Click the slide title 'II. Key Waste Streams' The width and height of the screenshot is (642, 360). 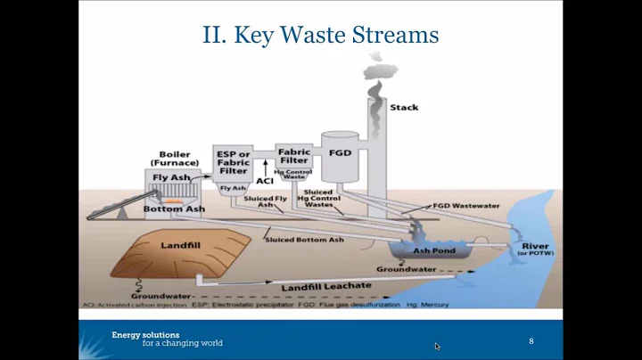click(x=320, y=35)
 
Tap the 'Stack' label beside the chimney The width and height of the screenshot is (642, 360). click(x=404, y=108)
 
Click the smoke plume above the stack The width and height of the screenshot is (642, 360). click(x=375, y=72)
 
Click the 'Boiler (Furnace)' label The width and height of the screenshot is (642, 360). click(x=174, y=159)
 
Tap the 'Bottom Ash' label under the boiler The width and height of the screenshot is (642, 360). click(x=174, y=209)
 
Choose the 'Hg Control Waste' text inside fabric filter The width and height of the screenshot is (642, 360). click(x=292, y=174)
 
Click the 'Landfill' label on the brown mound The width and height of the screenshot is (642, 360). click(x=180, y=243)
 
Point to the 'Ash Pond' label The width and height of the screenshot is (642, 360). click(x=434, y=250)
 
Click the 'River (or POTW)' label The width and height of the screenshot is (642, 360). click(x=536, y=250)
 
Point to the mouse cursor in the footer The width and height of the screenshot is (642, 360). click(x=437, y=346)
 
